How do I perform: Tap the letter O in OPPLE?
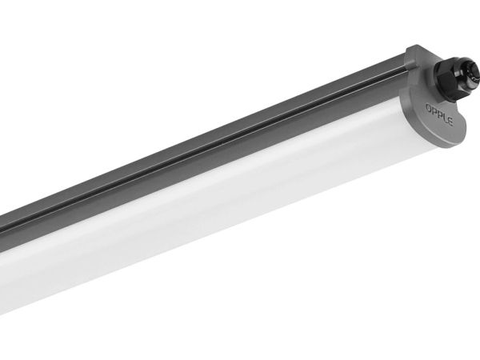tap(429, 108)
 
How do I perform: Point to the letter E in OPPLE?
tap(450, 122)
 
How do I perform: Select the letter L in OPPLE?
tap(445, 118)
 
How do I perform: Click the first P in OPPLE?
tap(434, 112)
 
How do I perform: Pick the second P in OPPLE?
tap(439, 115)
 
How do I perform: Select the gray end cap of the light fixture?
tap(434, 98)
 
